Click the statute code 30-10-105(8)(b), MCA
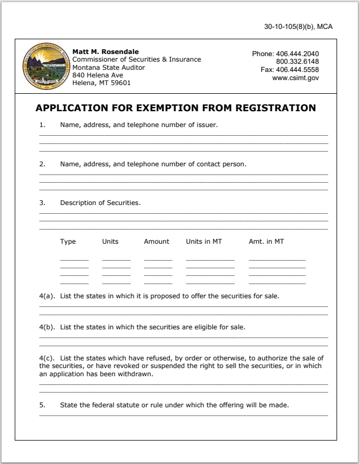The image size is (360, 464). coord(298,27)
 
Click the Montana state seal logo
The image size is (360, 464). coord(46,67)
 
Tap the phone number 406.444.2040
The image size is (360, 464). coord(297,54)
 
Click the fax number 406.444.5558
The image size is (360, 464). coord(297,70)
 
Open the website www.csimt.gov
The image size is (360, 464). coord(295,78)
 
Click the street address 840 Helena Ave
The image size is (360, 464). coord(98,75)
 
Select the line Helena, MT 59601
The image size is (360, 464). coord(101,83)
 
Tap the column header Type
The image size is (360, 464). coord(68,242)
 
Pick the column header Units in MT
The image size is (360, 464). coord(203,242)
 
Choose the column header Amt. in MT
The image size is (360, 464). coord(266,242)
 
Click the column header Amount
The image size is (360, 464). coord(157,242)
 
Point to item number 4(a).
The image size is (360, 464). coord(47,296)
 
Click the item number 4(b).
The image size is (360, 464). coord(47,328)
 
